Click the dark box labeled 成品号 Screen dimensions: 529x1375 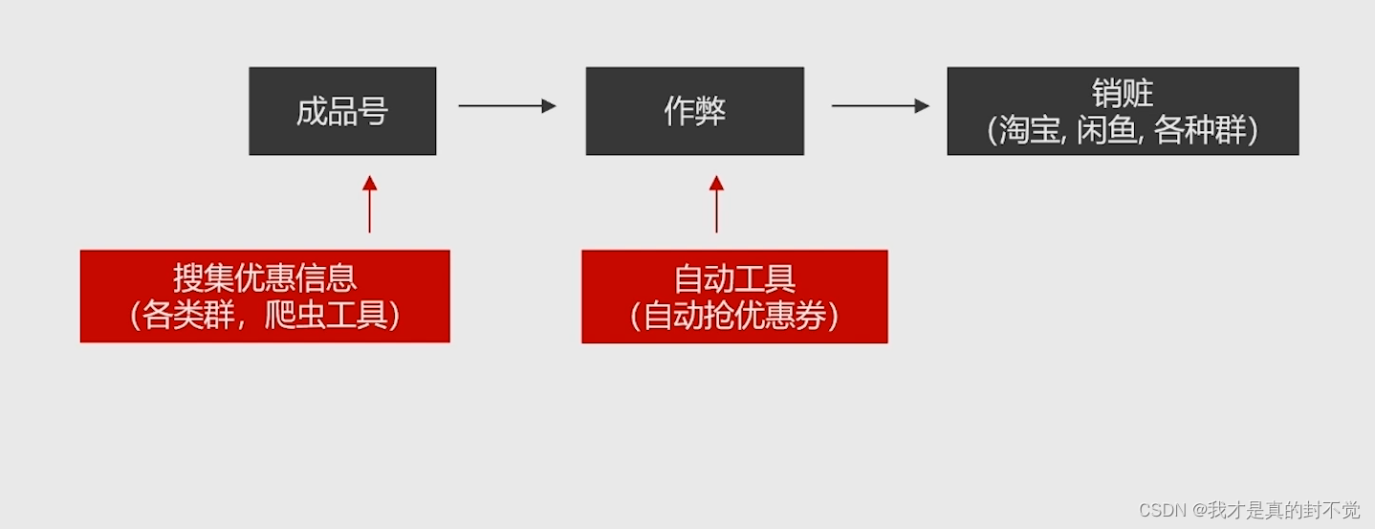[342, 111]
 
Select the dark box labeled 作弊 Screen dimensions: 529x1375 [694, 111]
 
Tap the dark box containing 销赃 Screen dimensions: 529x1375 [1123, 111]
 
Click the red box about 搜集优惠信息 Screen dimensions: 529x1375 [265, 296]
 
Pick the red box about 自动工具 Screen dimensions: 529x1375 [734, 296]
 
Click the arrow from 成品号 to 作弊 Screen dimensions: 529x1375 [507, 105]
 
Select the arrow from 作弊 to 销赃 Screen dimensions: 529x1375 [880, 105]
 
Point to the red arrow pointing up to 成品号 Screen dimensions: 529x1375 [369, 204]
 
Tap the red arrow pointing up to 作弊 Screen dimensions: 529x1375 [716, 204]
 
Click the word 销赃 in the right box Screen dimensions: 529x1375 [1123, 94]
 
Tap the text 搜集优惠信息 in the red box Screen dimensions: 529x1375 [265, 277]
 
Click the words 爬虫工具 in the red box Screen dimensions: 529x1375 [325, 315]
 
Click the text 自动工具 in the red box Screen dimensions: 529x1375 [734, 278]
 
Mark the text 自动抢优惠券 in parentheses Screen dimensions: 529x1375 [734, 316]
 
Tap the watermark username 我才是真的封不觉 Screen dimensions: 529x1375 [1283, 510]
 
